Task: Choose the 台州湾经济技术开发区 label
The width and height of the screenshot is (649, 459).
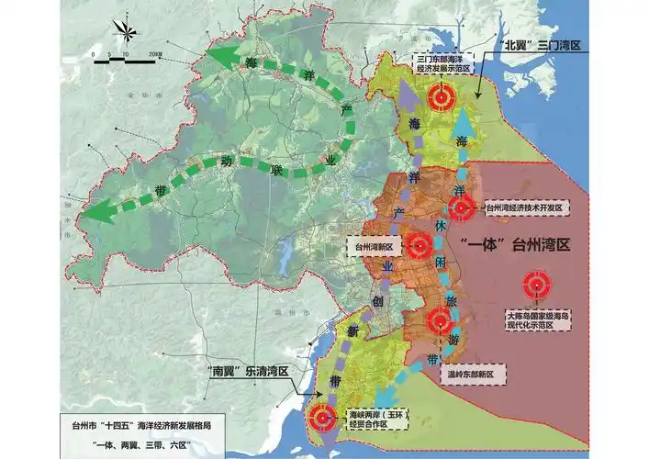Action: pos(520,208)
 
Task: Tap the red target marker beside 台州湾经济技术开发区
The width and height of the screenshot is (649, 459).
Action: pos(463,207)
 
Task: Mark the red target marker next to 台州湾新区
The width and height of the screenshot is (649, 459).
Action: pos(420,245)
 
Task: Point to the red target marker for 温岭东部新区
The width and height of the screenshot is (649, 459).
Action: pos(440,321)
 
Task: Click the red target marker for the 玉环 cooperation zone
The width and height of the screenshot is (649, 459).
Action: pos(322,418)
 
